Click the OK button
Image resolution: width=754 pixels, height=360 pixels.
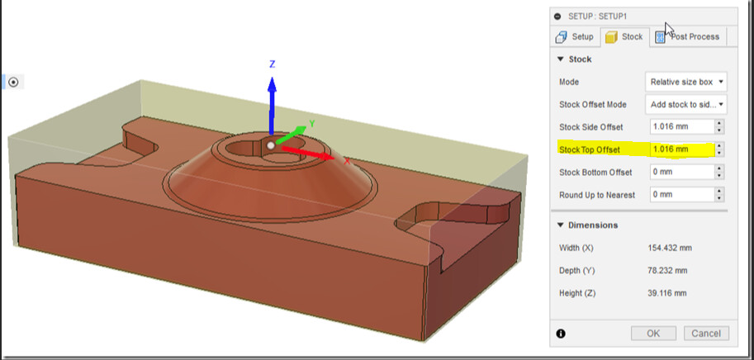(653, 334)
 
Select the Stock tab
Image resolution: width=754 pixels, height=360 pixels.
(624, 36)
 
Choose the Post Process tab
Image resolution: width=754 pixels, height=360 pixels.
(687, 36)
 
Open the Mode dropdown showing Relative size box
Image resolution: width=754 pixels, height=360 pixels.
(686, 82)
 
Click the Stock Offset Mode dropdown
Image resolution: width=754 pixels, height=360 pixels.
(686, 104)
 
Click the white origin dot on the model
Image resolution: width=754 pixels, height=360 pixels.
(271, 145)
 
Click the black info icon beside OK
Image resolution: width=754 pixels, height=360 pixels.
(562, 334)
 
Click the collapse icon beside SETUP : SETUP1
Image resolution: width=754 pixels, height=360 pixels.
(557, 16)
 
